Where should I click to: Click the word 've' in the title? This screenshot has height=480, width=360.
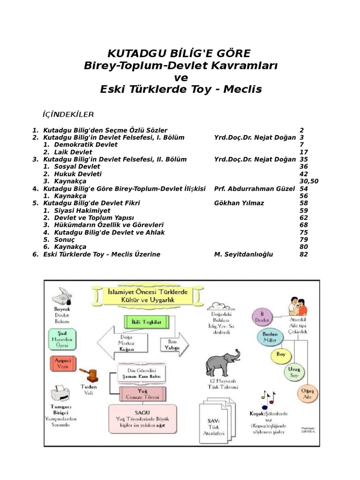tap(180, 77)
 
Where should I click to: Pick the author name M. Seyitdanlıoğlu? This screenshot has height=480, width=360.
tap(243, 254)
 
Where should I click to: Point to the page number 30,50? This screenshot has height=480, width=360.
tap(308, 181)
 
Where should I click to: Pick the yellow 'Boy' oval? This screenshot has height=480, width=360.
tap(281, 355)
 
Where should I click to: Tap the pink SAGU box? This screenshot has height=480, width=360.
tap(143, 418)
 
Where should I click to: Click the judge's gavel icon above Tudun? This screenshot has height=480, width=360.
tap(89, 374)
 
